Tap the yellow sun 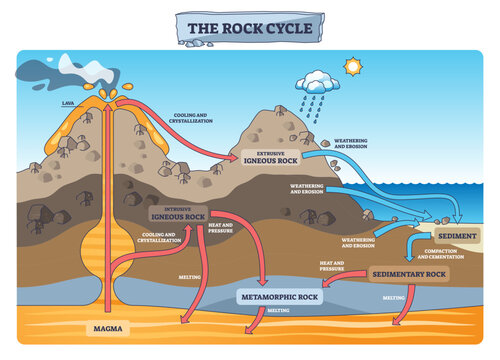tap(351, 67)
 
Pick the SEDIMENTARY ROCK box tap(408, 273)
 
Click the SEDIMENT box tap(457, 236)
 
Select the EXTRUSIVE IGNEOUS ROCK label tap(271, 156)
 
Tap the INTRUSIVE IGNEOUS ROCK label tap(178, 213)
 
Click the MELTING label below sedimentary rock tap(393, 297)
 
